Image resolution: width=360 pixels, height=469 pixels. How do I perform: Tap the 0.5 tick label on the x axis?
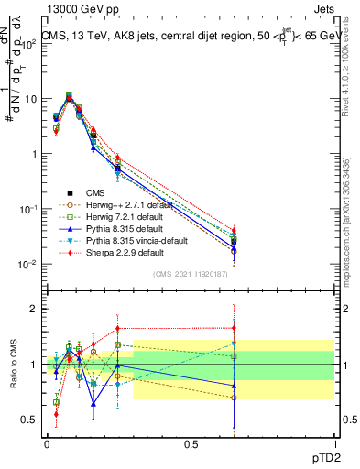191,442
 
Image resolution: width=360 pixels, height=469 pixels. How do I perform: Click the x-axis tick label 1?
334,442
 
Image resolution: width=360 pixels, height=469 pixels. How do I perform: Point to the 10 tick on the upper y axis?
31,98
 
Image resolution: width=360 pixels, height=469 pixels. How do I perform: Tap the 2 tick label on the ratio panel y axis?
34,309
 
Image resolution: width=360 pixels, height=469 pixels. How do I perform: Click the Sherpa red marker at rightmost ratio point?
234,328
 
